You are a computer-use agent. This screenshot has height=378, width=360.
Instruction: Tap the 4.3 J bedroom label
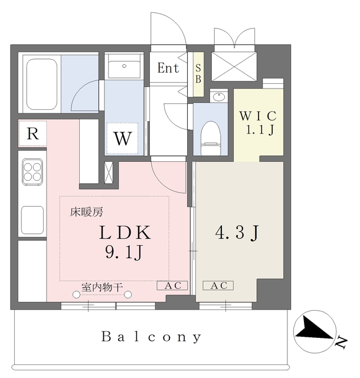click(x=237, y=233)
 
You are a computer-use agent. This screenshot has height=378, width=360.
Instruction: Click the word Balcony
click(x=152, y=337)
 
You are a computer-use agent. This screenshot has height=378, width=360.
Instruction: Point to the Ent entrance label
click(x=168, y=68)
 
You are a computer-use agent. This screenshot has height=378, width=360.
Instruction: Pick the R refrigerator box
click(x=33, y=134)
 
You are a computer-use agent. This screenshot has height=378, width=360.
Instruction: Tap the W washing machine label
click(x=122, y=139)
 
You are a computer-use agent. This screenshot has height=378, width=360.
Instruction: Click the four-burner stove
click(x=32, y=171)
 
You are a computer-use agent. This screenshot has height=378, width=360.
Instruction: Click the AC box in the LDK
click(x=172, y=286)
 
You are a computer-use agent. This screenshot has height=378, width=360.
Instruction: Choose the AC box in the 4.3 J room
click(x=218, y=286)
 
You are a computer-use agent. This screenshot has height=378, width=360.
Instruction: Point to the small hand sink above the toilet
click(x=218, y=96)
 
